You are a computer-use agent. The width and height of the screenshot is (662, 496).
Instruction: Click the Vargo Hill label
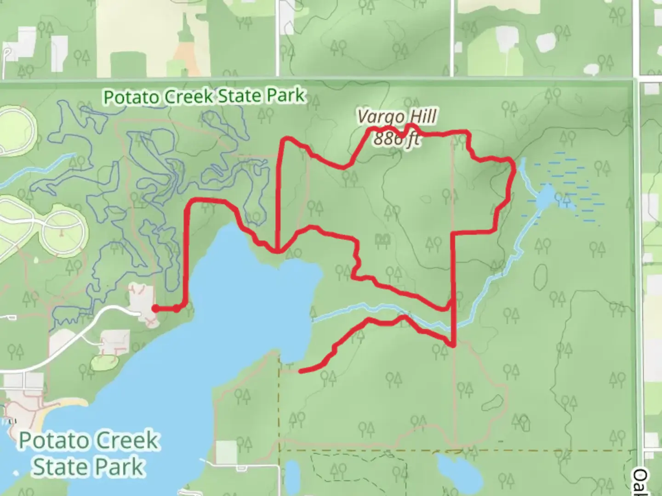point(396,117)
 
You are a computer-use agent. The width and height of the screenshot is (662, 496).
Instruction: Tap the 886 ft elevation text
point(396,138)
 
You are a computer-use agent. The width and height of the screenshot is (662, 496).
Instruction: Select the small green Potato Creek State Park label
point(204,96)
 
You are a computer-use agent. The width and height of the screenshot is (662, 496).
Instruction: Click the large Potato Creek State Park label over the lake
point(89,454)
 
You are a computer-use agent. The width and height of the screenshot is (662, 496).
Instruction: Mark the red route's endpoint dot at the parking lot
point(155,309)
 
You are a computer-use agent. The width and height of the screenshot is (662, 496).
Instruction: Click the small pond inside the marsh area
point(546,197)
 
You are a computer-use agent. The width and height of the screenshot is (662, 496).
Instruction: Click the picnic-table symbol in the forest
point(382,239)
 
